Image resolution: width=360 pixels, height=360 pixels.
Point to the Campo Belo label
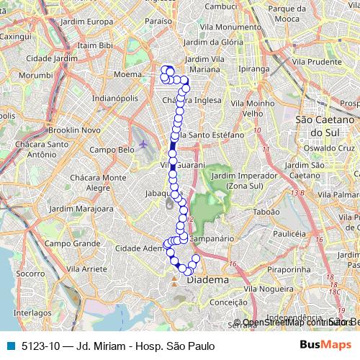pos(109,150)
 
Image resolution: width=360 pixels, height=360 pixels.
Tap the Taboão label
pos(266,212)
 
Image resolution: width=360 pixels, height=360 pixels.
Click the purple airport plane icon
pos(144,143)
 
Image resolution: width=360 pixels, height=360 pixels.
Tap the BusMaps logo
pos(325,345)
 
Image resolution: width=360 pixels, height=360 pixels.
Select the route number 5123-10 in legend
pos(39,346)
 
